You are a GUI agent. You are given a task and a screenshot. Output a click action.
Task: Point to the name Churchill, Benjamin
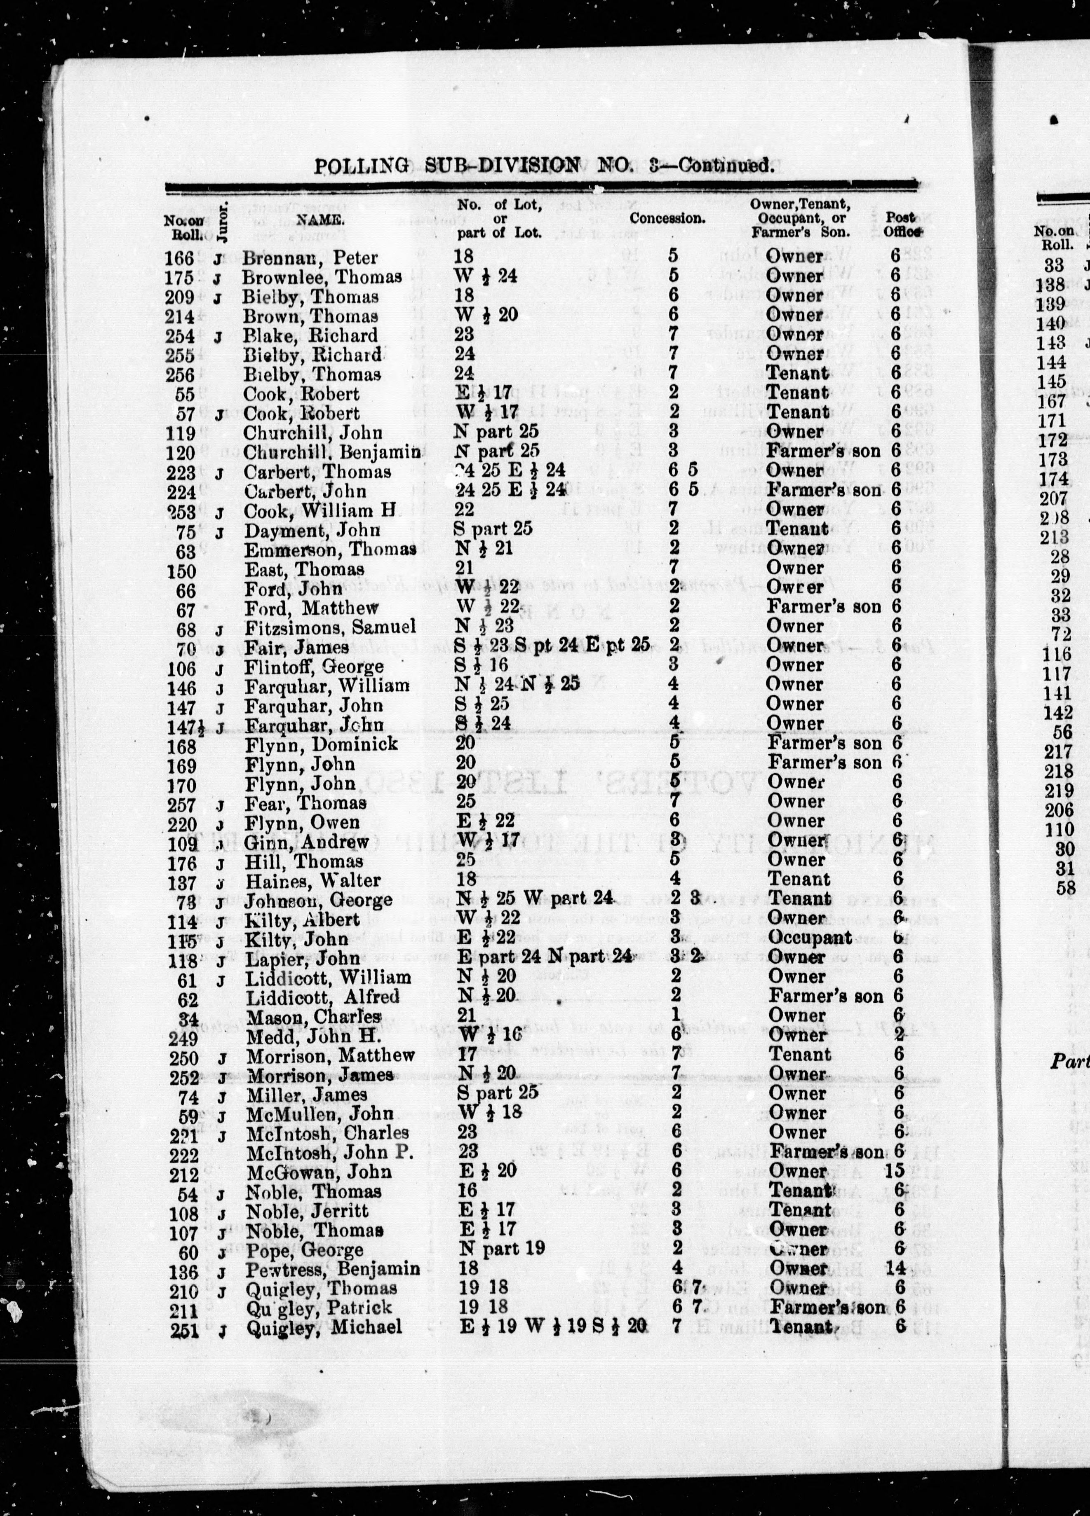(x=332, y=452)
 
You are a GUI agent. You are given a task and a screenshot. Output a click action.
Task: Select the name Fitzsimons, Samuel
(x=330, y=627)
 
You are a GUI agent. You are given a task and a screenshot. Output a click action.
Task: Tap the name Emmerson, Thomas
(x=330, y=550)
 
